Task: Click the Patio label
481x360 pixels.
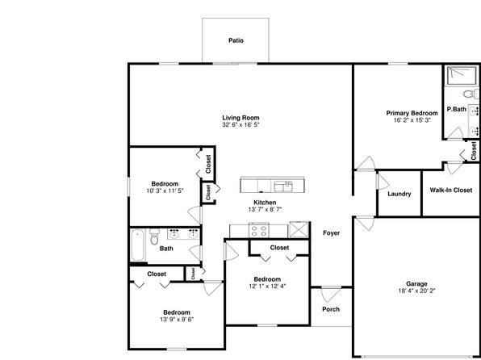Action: point(236,40)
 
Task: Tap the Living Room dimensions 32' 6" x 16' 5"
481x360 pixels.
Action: point(240,125)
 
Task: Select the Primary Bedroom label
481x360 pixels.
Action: point(412,113)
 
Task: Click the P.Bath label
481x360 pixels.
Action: point(457,109)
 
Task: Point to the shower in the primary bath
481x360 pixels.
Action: point(462,76)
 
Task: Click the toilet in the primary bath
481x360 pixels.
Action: point(471,94)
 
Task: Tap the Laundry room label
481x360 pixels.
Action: point(399,194)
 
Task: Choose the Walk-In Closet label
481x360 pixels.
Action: point(451,190)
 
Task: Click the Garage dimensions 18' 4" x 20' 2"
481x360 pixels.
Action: point(416,291)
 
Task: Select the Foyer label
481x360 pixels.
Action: point(332,233)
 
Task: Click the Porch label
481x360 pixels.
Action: point(331,309)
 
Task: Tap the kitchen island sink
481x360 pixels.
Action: point(283,186)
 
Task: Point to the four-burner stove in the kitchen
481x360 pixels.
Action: point(259,230)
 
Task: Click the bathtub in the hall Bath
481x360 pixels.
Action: point(137,245)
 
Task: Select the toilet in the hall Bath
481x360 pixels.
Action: point(154,237)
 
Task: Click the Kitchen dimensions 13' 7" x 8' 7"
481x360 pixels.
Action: point(265,210)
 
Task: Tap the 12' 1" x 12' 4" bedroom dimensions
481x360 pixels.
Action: point(267,287)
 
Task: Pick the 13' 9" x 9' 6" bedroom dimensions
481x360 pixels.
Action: point(177,320)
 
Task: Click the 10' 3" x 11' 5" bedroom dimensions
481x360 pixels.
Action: point(165,190)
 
